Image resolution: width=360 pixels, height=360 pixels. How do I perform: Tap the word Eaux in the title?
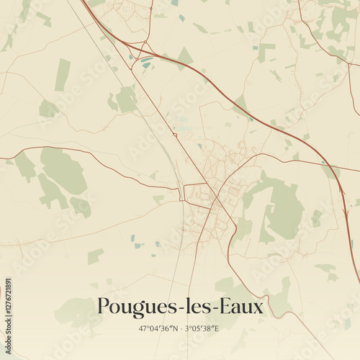240,306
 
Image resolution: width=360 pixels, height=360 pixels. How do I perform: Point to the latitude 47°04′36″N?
158,328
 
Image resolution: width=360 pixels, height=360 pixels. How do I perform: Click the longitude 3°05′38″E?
203,328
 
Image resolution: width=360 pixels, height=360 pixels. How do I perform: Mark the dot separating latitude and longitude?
181,328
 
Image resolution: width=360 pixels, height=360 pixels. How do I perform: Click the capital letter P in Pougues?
103,306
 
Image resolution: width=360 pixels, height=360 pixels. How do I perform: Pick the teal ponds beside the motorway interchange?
147,64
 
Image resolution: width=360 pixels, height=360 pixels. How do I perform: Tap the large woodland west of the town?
61,173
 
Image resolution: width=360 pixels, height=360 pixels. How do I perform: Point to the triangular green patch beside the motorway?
186,56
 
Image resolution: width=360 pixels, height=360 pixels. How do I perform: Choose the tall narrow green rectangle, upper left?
63,74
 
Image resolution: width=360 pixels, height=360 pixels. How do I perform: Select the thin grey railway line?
155,130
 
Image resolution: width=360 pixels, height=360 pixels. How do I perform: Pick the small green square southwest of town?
95,256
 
